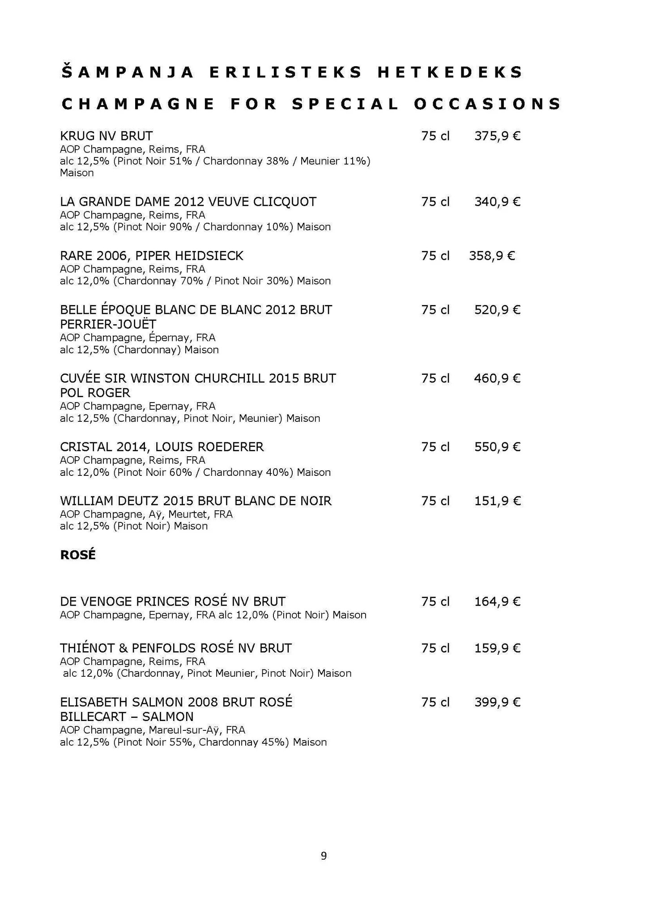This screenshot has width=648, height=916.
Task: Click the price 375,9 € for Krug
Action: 497,136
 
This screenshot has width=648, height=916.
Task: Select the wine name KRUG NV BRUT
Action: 106,136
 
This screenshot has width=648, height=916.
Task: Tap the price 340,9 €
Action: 497,202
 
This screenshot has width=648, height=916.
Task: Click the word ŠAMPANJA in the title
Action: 128,72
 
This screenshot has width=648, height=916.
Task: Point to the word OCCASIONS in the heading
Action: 487,104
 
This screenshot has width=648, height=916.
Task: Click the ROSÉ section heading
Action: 78,555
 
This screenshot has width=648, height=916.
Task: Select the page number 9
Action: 324,856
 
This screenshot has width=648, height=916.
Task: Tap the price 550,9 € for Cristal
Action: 497,447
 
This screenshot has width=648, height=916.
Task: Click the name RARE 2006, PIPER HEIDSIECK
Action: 152,256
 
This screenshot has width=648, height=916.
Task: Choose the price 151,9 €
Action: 497,501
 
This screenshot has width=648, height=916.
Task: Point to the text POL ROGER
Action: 95,393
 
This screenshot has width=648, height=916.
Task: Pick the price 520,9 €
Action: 497,310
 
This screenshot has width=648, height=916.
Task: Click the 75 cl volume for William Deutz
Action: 435,501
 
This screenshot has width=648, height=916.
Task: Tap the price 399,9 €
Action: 497,703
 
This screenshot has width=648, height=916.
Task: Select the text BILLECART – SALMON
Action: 127,717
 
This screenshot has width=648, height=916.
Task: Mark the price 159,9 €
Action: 497,649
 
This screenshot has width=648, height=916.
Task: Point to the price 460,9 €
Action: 497,379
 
